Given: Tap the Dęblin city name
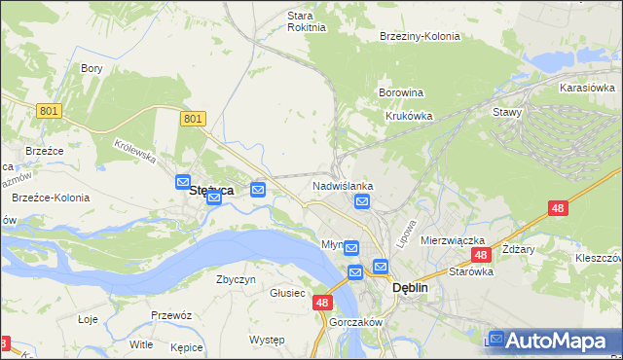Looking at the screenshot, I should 410,288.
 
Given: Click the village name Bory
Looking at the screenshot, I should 92,68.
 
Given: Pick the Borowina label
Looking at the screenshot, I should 400,93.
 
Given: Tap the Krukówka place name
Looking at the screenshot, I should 409,116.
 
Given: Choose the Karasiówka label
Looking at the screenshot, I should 586,88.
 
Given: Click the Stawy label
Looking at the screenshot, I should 507,112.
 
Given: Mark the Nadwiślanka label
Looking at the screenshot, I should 343,185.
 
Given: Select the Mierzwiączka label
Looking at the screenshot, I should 453,240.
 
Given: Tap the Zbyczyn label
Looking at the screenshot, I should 236,279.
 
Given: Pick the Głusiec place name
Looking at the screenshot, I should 287,293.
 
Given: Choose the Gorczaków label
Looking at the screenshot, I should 355,322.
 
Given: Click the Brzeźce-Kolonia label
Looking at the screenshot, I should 51,198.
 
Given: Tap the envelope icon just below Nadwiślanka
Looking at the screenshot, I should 362,202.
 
